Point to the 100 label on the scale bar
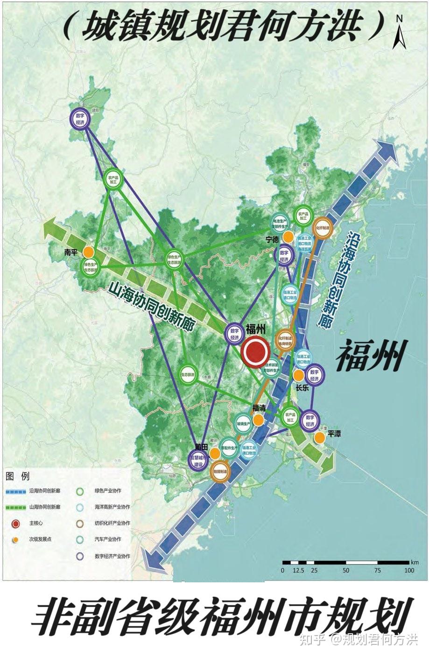(x=409, y=570)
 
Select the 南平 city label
(x=70, y=252)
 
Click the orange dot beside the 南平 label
(x=88, y=252)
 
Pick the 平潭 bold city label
(x=334, y=434)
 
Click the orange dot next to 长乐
(x=298, y=375)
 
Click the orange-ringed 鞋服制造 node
(x=220, y=471)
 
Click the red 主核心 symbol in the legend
(x=16, y=523)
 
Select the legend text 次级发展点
(x=39, y=539)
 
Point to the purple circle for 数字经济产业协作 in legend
(x=80, y=556)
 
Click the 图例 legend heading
(x=18, y=476)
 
